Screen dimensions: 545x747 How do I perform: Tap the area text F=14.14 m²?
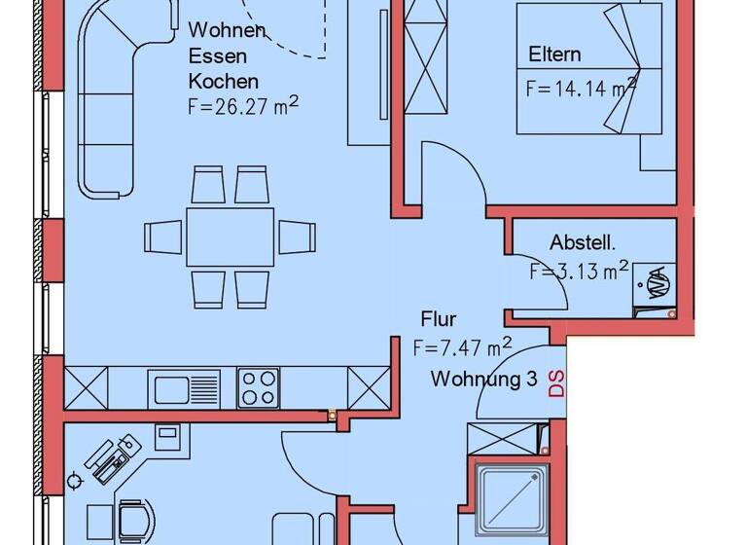coord(581,90)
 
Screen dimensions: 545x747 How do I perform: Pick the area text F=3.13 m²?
coord(579,272)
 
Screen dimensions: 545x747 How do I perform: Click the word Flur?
coord(439,318)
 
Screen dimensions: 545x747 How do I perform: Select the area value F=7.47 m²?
coord(462,345)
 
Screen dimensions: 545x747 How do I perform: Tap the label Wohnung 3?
coord(484,380)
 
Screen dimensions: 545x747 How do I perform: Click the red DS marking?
coord(557,383)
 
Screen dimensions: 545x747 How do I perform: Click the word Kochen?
coord(224,81)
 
